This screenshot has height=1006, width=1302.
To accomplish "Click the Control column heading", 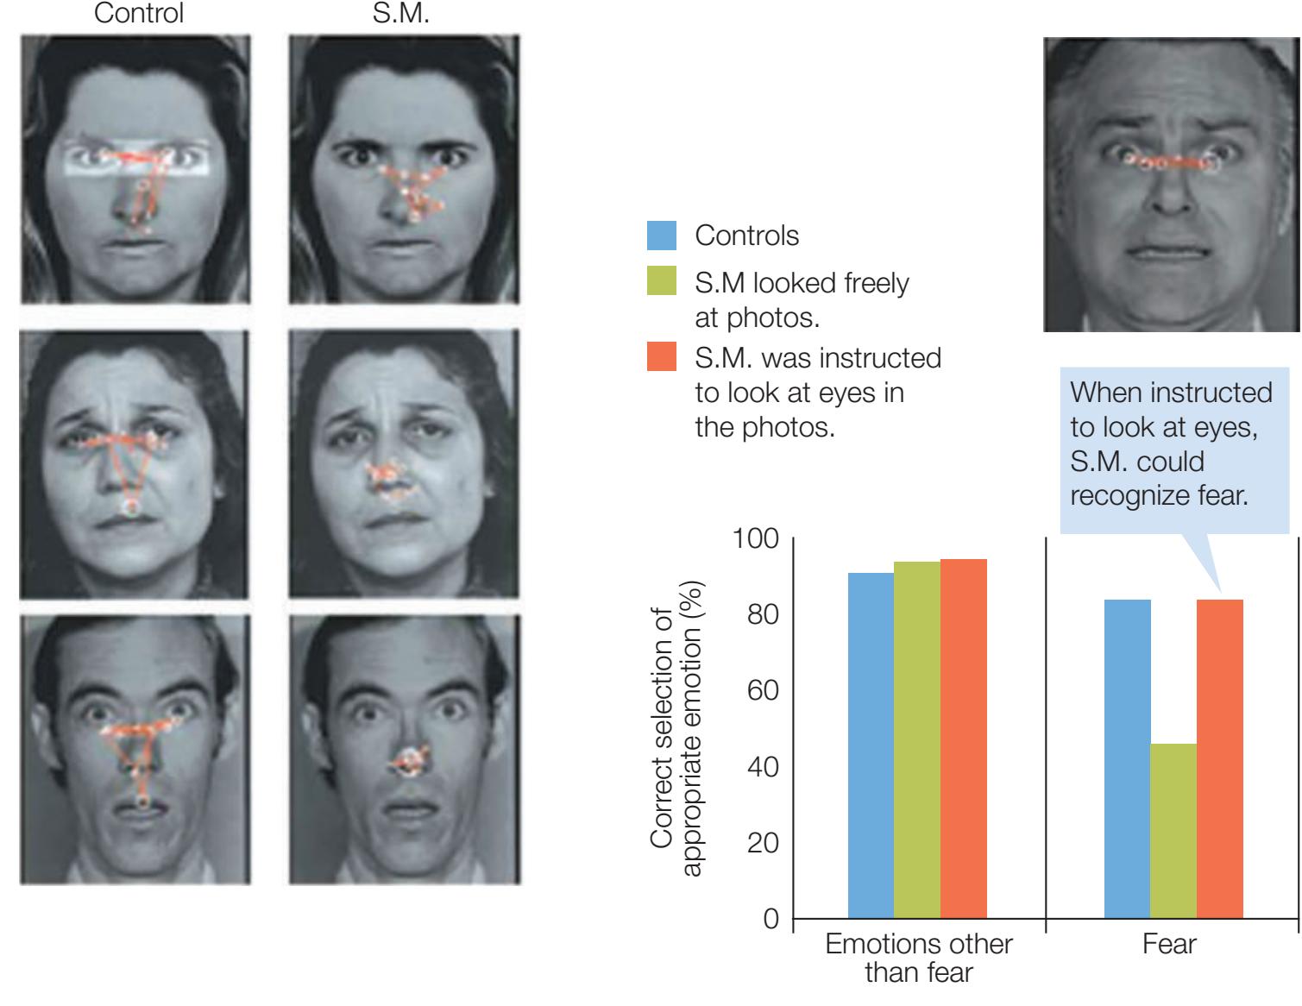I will [138, 15].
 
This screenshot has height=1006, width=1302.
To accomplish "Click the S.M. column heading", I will [400, 15].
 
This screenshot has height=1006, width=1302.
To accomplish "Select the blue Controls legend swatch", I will [661, 236].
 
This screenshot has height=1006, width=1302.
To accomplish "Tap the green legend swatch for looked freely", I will [661, 282].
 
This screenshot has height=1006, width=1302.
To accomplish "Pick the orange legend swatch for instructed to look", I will [661, 357].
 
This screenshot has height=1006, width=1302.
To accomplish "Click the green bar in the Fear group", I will [1173, 830].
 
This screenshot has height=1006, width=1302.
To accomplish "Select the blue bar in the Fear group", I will [1127, 758].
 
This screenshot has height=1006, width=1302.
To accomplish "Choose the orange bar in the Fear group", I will [1220, 758].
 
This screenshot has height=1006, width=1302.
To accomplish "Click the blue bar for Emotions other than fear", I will [871, 745].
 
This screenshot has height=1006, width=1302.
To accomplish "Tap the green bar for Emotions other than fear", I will [917, 739].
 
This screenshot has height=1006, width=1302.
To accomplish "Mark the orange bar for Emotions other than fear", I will [964, 739].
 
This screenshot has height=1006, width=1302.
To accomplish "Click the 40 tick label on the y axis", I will [763, 766].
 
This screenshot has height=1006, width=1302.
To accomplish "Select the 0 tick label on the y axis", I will [771, 918].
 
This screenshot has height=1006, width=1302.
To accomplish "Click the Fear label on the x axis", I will [1169, 944].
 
